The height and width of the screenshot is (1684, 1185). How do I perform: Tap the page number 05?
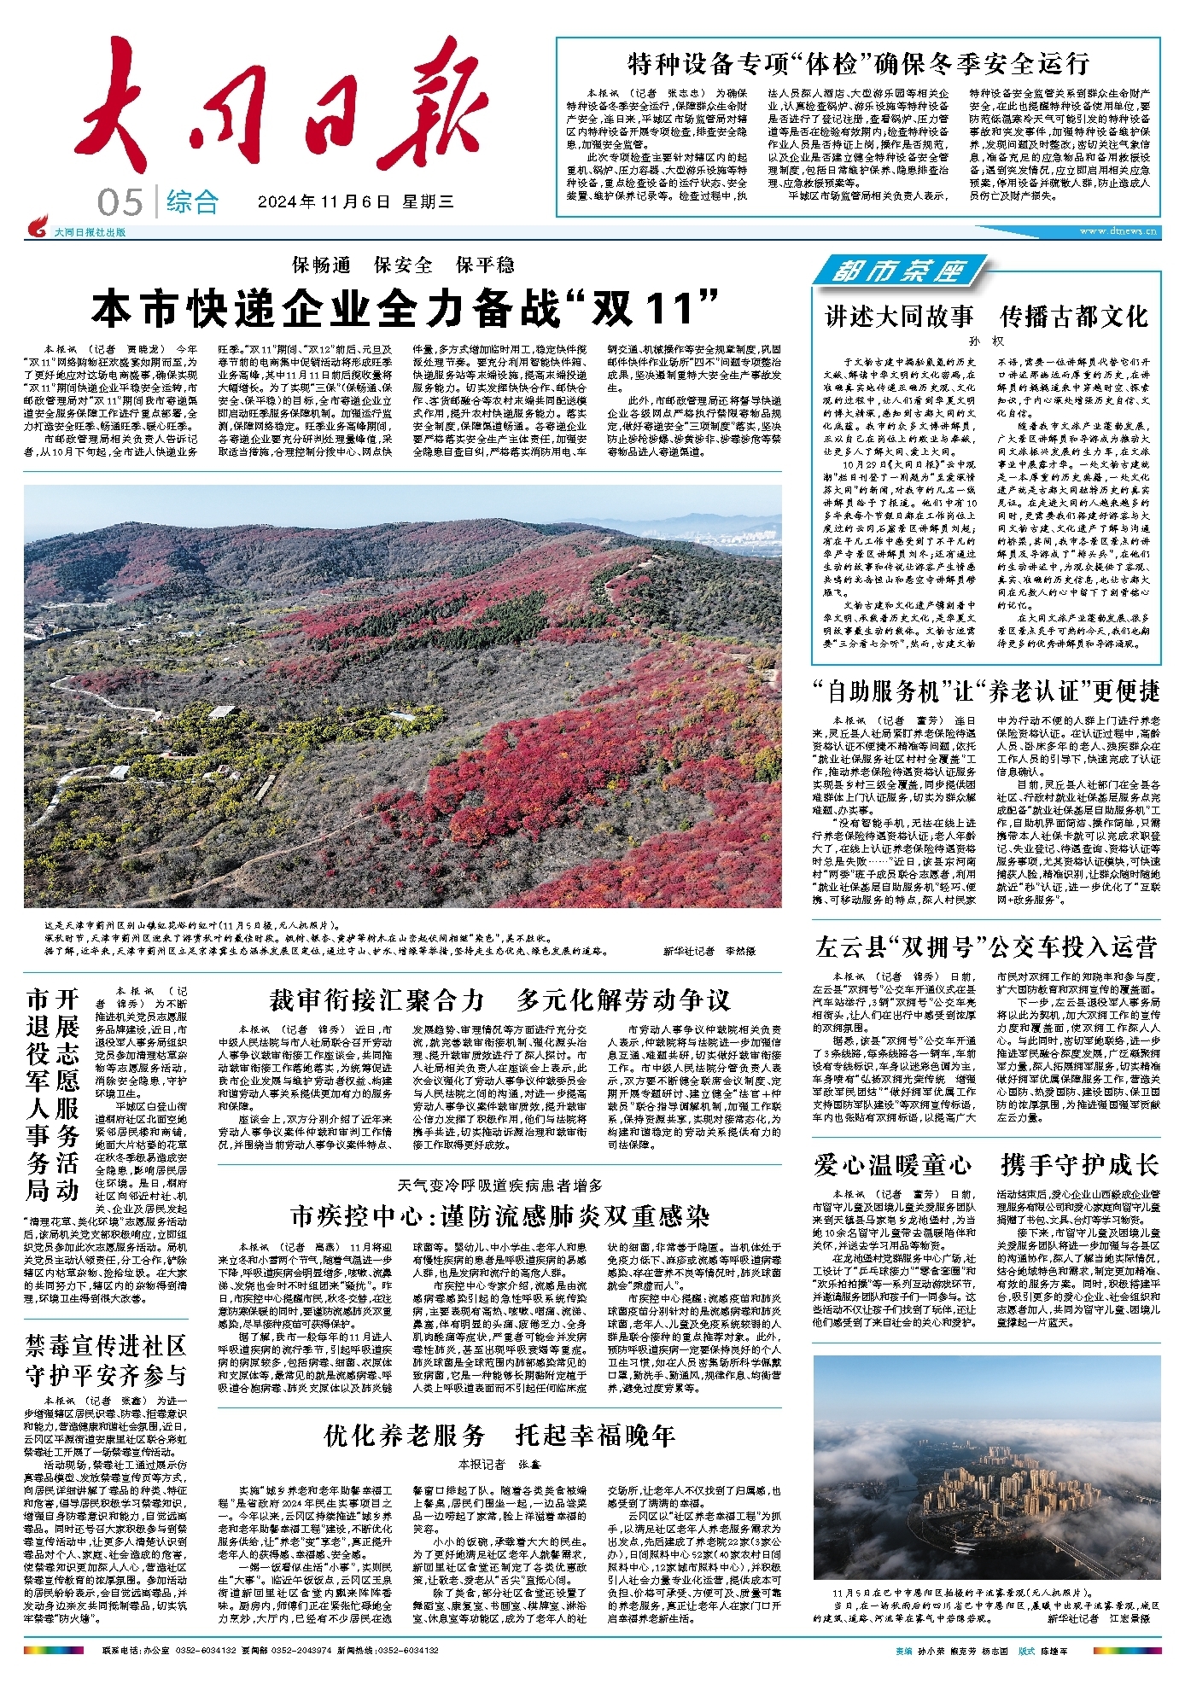click(120, 202)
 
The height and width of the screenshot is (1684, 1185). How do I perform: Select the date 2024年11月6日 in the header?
click(324, 202)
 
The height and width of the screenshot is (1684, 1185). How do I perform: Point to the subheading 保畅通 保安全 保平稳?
click(403, 265)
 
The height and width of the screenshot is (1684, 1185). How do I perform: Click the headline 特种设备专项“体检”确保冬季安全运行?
click(858, 62)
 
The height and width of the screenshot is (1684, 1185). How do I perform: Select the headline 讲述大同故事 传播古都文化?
click(986, 316)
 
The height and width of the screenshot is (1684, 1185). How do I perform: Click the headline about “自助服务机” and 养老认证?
click(986, 690)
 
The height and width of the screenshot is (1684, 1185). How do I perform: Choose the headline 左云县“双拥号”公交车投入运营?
click(986, 947)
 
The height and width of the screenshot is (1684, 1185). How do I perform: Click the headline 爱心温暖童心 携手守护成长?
click(986, 1164)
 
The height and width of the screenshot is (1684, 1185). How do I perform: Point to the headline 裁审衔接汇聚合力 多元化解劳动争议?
click(499, 999)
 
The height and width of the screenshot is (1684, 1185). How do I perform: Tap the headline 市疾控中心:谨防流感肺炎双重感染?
click(499, 1215)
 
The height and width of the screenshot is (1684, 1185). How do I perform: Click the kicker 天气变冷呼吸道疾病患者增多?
click(499, 1185)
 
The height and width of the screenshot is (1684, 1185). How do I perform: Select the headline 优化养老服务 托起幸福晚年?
click(499, 1435)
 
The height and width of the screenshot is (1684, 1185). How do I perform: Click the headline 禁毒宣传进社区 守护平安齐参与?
click(106, 1361)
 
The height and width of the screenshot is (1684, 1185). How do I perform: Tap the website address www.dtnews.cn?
click(1118, 230)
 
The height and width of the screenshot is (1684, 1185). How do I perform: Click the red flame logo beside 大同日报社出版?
click(38, 228)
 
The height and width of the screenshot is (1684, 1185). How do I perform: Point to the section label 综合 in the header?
click(192, 202)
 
